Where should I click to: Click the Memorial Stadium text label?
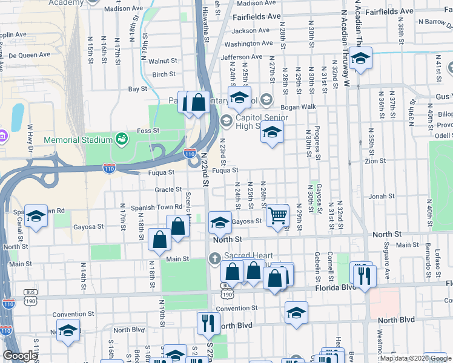coord(78,140)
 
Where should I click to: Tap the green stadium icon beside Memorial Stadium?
coord(121,139)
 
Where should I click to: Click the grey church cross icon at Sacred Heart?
coord(214,260)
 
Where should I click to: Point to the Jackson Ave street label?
coord(251,31)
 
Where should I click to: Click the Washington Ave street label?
coord(248,44)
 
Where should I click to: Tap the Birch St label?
coord(164,74)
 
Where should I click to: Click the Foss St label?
coord(148,130)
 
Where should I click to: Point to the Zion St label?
coord(375,162)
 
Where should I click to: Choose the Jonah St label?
coord(382,197)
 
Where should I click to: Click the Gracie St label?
coord(164,189)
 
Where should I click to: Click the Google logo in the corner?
coord(20,356)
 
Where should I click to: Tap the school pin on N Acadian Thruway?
coord(360,59)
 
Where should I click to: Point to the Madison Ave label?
coord(123,9)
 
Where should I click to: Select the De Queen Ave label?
coord(28,55)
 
